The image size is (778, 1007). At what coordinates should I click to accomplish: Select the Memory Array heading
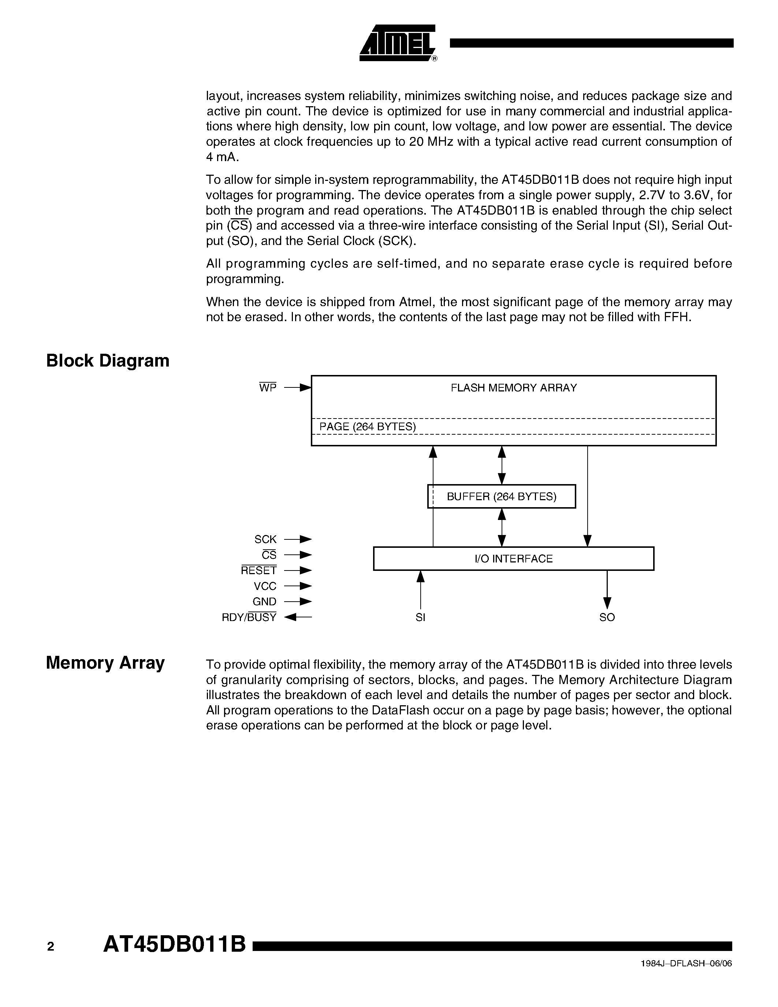click(105, 662)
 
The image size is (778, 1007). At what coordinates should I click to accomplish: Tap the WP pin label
click(268, 388)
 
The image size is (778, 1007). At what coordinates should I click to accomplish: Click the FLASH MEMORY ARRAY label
click(513, 388)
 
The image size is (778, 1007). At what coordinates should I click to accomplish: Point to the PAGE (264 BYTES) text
click(367, 427)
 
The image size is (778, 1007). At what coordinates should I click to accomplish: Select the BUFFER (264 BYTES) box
click(502, 497)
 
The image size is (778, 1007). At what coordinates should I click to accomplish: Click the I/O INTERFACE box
click(513, 559)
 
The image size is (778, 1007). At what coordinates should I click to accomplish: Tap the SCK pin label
click(265, 539)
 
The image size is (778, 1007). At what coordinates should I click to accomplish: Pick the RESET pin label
click(258, 571)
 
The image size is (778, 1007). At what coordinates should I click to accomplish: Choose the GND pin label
click(265, 602)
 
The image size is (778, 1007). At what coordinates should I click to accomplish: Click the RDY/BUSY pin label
click(249, 617)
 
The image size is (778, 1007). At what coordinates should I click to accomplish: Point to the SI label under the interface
click(420, 617)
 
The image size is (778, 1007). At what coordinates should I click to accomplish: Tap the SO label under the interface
click(607, 617)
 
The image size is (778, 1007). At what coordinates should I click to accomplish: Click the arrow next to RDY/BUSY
click(298, 617)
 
